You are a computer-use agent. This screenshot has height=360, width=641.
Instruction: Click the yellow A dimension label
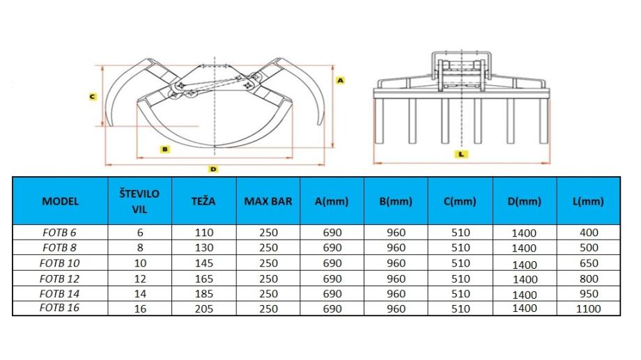point(340,81)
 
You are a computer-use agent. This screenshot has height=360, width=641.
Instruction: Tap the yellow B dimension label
point(164,149)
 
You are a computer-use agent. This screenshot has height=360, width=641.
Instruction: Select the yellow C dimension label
point(93,97)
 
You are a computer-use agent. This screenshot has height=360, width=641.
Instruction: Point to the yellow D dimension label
point(213,169)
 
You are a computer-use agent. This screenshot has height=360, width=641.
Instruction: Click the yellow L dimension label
point(461,154)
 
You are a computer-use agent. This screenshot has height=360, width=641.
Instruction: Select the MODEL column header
point(60,201)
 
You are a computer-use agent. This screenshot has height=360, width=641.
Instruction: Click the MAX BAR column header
point(268,201)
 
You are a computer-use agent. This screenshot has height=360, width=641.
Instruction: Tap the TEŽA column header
point(203,201)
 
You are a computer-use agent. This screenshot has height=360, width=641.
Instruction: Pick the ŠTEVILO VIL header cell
point(139,201)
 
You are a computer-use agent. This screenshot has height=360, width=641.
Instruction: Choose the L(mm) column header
point(588,201)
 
